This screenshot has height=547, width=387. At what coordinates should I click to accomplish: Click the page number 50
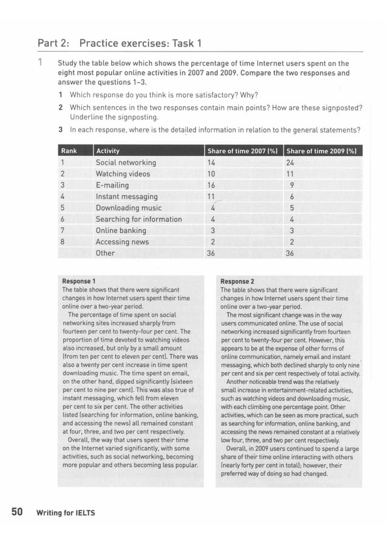(17, 512)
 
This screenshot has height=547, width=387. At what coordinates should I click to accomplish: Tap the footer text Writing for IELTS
(66, 513)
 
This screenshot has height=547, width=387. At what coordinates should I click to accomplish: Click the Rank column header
(68, 151)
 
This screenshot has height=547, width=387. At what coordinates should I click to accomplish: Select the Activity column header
(108, 151)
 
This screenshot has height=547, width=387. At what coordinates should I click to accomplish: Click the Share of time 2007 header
(242, 151)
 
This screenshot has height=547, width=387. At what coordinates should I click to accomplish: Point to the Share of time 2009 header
(321, 151)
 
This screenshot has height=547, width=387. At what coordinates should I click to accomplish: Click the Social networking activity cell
(126, 163)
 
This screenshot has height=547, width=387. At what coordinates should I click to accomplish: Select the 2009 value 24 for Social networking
(289, 163)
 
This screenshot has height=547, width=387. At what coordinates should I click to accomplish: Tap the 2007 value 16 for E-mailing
(211, 185)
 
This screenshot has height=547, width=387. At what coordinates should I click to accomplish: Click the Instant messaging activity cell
(126, 196)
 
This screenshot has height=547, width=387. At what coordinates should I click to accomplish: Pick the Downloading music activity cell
(129, 208)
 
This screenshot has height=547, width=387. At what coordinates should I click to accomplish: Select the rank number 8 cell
(62, 241)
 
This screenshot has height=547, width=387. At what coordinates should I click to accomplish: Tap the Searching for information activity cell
(138, 219)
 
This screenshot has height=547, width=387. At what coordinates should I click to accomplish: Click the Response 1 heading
(79, 281)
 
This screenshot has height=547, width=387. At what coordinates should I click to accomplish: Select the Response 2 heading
(237, 281)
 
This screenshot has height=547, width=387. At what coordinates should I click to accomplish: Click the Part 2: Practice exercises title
(119, 43)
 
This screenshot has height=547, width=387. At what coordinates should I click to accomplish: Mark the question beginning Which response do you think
(163, 95)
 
